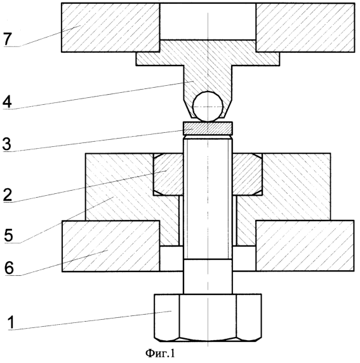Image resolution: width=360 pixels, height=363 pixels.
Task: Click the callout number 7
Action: (x=8, y=39)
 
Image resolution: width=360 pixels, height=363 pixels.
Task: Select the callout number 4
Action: (x=7, y=102)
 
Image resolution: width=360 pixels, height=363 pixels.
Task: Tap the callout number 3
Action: (x=7, y=144)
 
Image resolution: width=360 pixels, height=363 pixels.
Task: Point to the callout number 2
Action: (x=8, y=195)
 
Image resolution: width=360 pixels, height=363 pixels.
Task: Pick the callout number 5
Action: (x=8, y=235)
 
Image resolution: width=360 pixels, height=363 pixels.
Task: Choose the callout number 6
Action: (x=10, y=268)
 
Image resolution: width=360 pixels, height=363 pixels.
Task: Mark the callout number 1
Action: (x=11, y=322)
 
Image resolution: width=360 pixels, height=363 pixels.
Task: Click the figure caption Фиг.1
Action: (x=160, y=353)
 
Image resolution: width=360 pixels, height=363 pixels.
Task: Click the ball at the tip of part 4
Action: (x=208, y=107)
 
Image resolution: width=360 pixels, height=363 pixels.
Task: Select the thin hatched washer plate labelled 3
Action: (x=208, y=128)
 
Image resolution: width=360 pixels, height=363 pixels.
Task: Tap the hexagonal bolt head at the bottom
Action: (x=208, y=318)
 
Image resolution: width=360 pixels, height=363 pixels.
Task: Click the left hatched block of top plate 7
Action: (x=110, y=27)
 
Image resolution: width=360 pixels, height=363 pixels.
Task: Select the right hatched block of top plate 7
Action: (x=305, y=27)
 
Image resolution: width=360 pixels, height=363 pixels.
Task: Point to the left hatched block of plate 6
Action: (x=110, y=246)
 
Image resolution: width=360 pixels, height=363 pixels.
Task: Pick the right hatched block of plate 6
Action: (x=305, y=246)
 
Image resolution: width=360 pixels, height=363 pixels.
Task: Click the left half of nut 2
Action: (x=168, y=174)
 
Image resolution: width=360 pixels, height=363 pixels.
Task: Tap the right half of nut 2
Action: (x=248, y=174)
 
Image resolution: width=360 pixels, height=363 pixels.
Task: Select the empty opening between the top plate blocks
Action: (x=208, y=22)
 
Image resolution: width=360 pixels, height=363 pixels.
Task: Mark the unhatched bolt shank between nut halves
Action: (x=208, y=174)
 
